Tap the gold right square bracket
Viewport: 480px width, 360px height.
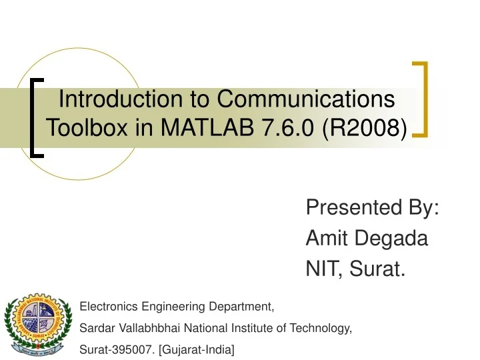[x=421, y=99]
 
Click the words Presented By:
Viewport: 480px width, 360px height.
[x=372, y=208]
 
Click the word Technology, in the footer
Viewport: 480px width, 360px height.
[x=324, y=328]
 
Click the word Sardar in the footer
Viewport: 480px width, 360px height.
[x=94, y=328]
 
